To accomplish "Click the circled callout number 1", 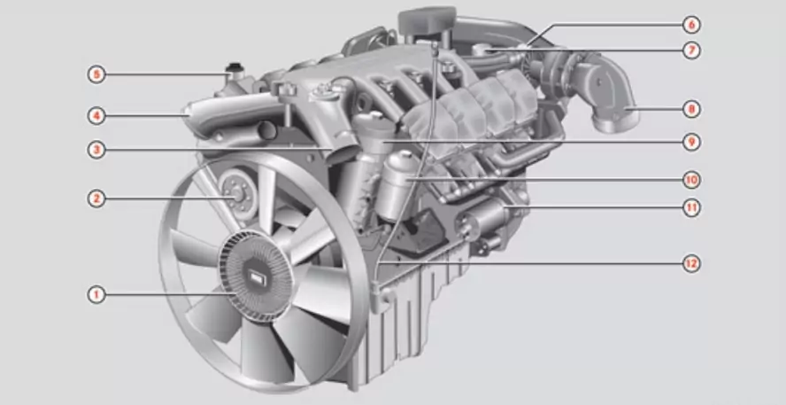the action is pyautogui.click(x=96, y=294).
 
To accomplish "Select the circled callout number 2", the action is pyautogui.click(x=96, y=199).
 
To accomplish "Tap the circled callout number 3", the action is pyautogui.click(x=96, y=150).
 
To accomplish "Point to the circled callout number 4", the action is pyautogui.click(x=96, y=116).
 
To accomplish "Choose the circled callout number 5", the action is pyautogui.click(x=96, y=75).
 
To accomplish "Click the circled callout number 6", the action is pyautogui.click(x=691, y=24).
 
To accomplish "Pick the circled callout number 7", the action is pyautogui.click(x=691, y=51).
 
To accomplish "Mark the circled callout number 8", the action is pyautogui.click(x=691, y=109).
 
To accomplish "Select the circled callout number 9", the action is pyautogui.click(x=691, y=142).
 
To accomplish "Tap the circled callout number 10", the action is pyautogui.click(x=691, y=180).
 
